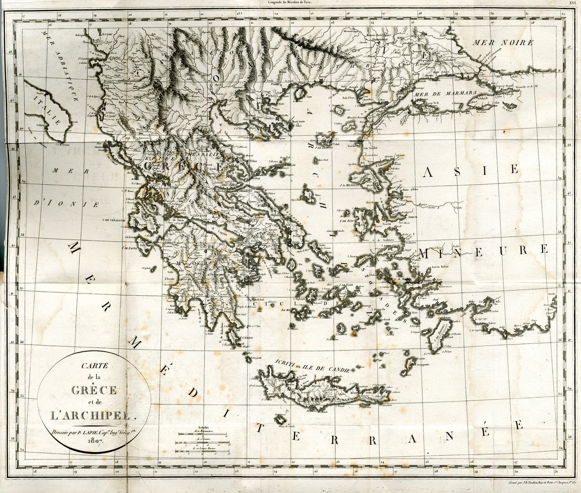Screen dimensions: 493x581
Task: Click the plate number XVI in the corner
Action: click(572, 3)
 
